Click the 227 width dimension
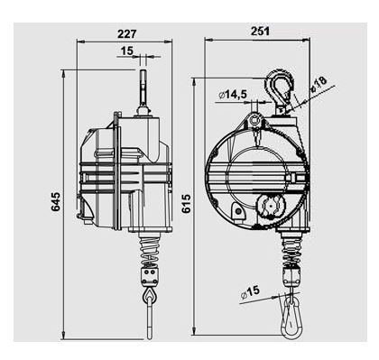click(x=126, y=33)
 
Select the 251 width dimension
click(x=260, y=31)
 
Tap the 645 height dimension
click(x=55, y=201)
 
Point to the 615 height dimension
click(x=186, y=204)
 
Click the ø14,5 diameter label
click(x=233, y=95)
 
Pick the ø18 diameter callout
click(x=319, y=83)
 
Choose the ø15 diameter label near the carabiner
click(x=250, y=291)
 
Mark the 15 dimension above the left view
click(x=126, y=51)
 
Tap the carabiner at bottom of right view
click(x=291, y=317)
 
